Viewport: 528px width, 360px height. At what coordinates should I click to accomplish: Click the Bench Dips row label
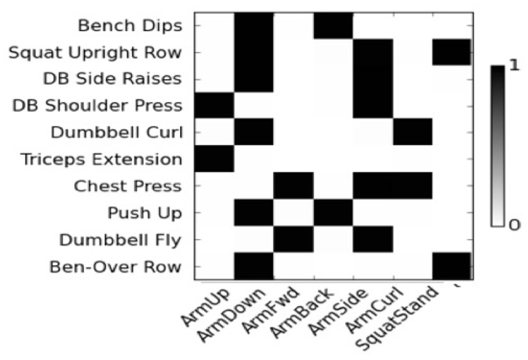point(130,26)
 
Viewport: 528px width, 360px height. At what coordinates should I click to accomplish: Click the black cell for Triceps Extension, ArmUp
point(214,160)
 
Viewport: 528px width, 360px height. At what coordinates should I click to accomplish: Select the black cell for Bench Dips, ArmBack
point(333,26)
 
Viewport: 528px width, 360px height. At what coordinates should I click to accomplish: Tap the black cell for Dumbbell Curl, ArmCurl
point(413,133)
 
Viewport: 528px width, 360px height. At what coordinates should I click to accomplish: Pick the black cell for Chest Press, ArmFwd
point(294,186)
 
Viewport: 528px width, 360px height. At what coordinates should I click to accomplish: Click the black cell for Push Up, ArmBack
point(333,213)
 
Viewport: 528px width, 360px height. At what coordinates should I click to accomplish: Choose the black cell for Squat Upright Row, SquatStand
point(452,52)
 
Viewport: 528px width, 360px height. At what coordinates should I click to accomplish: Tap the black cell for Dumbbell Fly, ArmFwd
point(294,240)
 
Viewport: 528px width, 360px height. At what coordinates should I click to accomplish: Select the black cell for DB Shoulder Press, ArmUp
point(214,106)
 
